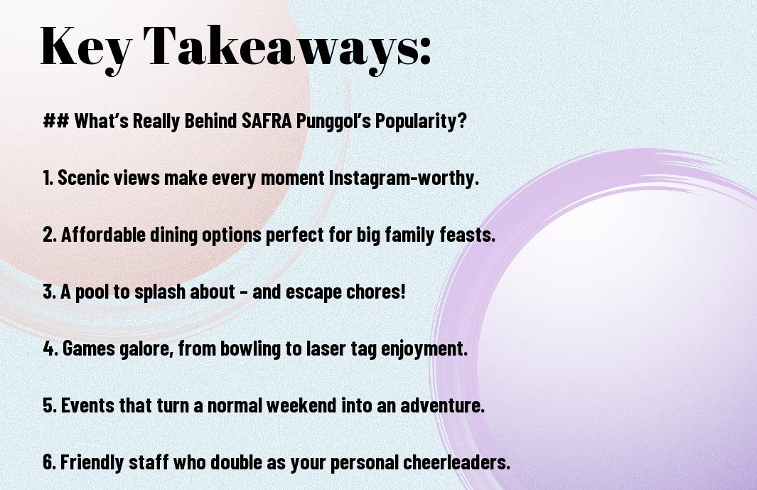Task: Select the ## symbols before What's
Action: tap(56, 120)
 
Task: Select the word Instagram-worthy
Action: tap(404, 178)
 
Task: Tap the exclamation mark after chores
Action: tap(402, 292)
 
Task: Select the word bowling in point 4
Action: tap(250, 349)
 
